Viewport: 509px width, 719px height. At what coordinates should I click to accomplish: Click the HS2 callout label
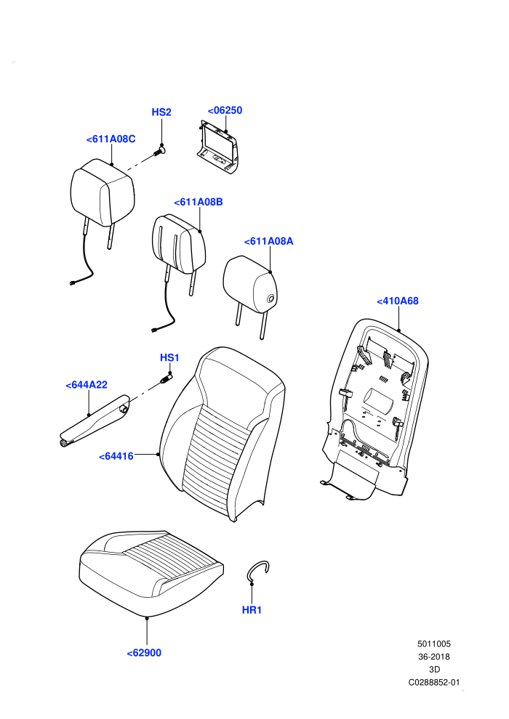click(161, 113)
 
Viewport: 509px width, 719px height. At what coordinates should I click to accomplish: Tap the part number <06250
click(225, 110)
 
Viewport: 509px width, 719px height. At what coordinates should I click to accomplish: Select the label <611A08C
click(111, 139)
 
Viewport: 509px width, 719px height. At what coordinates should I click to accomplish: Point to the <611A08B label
click(199, 202)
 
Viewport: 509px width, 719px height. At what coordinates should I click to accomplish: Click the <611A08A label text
click(268, 241)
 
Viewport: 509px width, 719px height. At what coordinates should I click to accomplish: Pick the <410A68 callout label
click(398, 301)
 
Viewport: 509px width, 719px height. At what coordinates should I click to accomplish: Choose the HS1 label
click(169, 357)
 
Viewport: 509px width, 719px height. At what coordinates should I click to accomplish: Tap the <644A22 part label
click(87, 385)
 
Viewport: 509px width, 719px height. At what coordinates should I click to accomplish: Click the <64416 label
click(116, 456)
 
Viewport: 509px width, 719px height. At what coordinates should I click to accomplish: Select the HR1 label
click(252, 610)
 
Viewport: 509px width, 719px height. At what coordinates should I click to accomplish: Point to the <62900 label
click(144, 653)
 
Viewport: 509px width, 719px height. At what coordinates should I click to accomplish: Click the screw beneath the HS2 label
click(159, 151)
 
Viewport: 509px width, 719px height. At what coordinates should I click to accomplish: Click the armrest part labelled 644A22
click(95, 421)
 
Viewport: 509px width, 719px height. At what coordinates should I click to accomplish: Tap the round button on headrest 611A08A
click(270, 299)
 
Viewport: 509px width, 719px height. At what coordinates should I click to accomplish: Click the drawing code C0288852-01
click(433, 682)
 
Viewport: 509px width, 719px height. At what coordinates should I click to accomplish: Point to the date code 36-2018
click(433, 657)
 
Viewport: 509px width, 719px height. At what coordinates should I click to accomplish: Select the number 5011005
click(433, 643)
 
